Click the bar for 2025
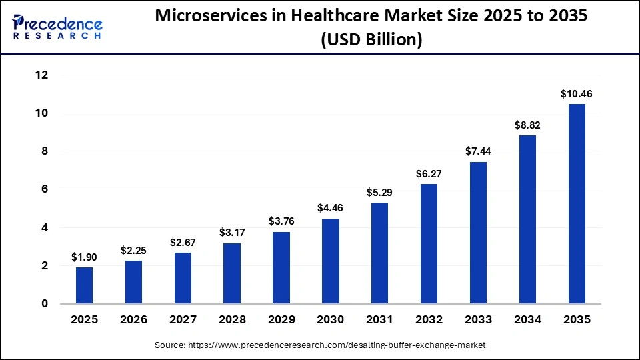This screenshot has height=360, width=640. click(84, 285)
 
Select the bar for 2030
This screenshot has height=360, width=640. click(330, 261)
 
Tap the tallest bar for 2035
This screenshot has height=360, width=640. click(576, 204)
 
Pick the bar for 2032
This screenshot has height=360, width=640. click(429, 244)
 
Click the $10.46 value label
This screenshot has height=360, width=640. click(576, 94)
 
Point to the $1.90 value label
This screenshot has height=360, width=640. click(84, 257)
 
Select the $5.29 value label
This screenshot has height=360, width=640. click(379, 192)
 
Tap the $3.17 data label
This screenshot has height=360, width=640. click(232, 233)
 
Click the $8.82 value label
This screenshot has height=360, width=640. click(527, 125)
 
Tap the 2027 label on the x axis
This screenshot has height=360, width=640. click(183, 320)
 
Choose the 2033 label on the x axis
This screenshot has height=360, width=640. click(477, 320)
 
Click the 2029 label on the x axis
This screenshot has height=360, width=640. click(281, 320)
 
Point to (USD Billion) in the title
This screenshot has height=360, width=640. click(371, 40)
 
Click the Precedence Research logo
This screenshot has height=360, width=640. click(57, 27)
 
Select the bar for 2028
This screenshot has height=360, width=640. click(232, 273)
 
